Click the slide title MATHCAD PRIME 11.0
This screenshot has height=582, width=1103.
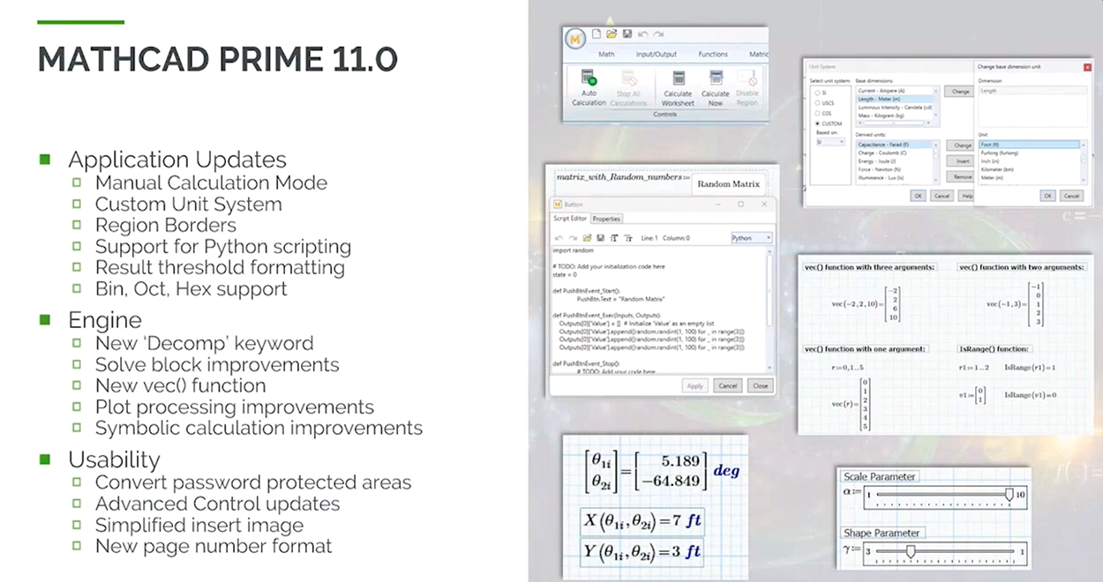pos(218,60)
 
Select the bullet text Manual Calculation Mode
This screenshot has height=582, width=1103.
pos(211,183)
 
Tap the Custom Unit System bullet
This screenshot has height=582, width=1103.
pos(188,205)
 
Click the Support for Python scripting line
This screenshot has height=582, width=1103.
pos(222,247)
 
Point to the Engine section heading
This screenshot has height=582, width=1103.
pos(104,320)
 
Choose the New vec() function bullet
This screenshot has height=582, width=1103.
pos(180,386)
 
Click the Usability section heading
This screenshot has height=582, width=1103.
pos(114,459)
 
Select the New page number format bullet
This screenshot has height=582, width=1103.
pos(213,547)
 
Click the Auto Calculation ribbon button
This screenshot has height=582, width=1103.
pos(589,87)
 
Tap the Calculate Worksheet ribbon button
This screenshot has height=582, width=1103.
pos(678,87)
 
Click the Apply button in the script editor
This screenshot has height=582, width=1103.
pos(694,385)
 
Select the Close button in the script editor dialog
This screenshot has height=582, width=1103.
pos(759,385)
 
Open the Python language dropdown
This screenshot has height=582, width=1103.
pos(752,238)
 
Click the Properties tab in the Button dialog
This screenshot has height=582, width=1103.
pos(606,219)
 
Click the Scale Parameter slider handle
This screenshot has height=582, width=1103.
pos(1009,495)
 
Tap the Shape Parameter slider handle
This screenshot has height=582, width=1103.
pos(911,552)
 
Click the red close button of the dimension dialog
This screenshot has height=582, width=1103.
pos(1086,66)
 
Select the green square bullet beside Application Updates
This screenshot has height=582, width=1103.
pos(45,160)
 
